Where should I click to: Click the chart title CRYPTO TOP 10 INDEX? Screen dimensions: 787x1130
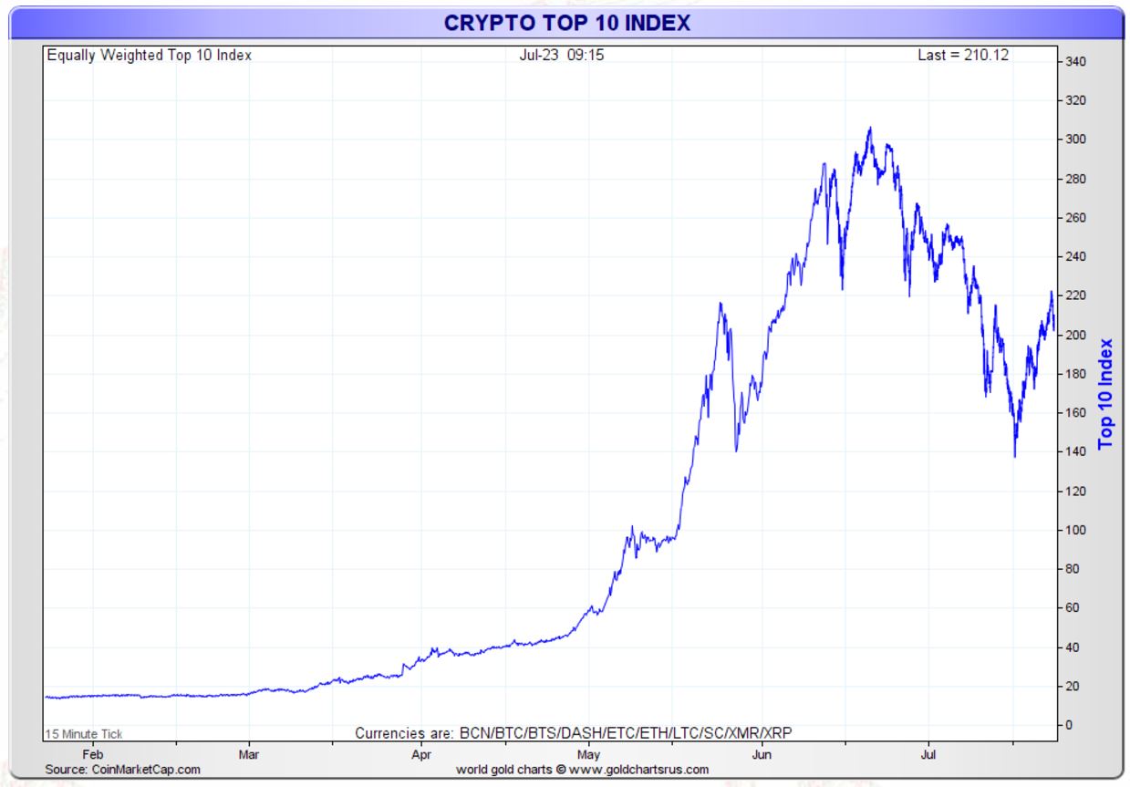point(566,23)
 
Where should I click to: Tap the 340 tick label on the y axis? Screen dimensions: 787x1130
point(1077,62)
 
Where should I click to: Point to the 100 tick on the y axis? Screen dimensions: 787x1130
point(1077,531)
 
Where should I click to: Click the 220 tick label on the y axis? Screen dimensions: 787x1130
point(1077,296)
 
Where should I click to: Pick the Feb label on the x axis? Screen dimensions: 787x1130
point(92,755)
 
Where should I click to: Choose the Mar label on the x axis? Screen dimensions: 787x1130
point(248,755)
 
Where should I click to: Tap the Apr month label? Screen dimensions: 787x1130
point(420,755)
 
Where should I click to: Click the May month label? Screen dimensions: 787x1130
point(588,755)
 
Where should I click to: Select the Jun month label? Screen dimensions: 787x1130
point(762,755)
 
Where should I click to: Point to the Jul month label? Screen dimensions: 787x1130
point(928,755)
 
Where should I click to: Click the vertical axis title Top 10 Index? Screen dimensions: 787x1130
point(1106,394)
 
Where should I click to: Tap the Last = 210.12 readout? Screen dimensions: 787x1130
point(962,56)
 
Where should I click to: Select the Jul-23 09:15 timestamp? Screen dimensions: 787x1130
point(561,56)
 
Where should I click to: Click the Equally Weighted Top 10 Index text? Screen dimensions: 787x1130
point(149,56)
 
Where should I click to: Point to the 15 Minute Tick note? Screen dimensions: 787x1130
point(84,734)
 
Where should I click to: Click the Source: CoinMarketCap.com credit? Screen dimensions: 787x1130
point(122,770)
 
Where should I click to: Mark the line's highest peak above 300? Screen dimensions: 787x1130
point(869,129)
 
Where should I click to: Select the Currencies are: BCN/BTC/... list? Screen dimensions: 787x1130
point(573,733)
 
